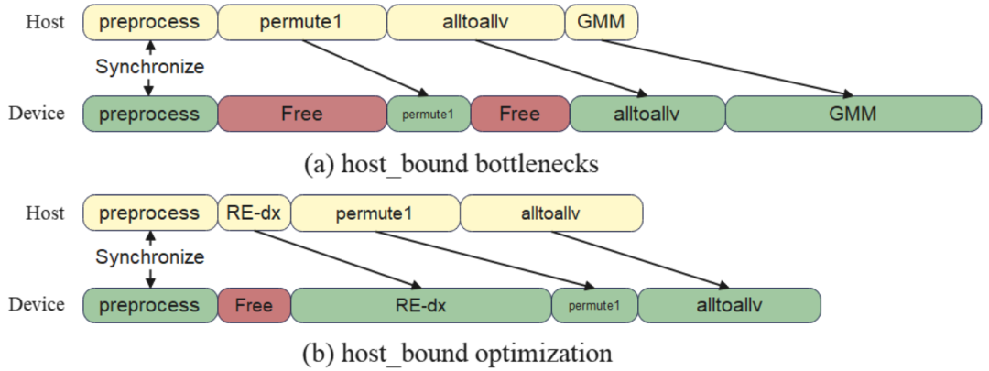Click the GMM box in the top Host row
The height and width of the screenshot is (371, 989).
coord(602,23)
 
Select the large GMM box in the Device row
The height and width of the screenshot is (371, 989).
coord(854,114)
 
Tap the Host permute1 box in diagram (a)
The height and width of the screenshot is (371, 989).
coord(302,23)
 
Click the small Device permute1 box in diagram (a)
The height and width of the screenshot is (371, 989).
coord(429,114)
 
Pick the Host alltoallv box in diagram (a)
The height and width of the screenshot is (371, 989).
coord(475,23)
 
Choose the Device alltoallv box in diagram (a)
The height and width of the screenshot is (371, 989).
coord(647,114)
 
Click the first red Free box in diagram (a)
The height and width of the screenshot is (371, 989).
coord(302,114)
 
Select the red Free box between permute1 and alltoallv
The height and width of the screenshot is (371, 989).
coord(520,114)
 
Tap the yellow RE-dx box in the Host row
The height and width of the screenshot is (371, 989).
coord(255,213)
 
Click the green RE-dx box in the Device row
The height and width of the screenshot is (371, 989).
coord(420,305)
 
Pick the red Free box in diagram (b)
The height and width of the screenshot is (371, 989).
coord(255,305)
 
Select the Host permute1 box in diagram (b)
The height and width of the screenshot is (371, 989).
coord(375,213)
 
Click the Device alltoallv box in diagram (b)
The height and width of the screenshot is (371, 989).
coord(730,305)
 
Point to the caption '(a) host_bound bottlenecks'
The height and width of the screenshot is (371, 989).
coord(451,164)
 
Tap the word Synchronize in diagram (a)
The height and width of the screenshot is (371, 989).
coord(150,67)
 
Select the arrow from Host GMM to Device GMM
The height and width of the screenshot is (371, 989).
coord(719,69)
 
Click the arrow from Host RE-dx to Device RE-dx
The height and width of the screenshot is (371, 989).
coord(336,258)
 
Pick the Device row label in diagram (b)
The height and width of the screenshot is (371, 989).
coord(37,305)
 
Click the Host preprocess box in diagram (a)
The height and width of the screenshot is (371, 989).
coord(150,23)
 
